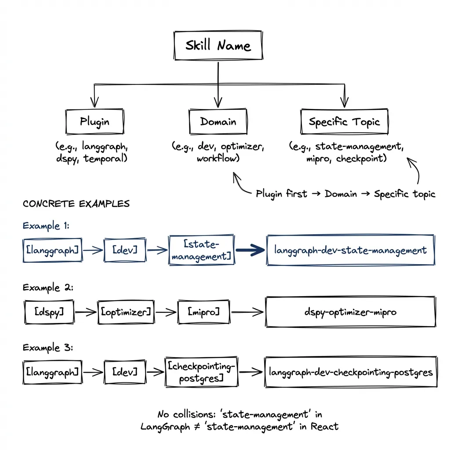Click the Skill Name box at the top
click(x=218, y=46)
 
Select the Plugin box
click(x=94, y=122)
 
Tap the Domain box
click(x=218, y=122)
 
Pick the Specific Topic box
click(x=344, y=122)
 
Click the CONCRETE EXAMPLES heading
click(x=76, y=204)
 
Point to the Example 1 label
click(x=46, y=226)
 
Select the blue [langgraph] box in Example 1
click(x=52, y=250)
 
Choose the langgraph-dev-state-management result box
click(x=350, y=250)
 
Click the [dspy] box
click(x=49, y=312)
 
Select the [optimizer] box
click(x=126, y=312)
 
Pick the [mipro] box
click(x=203, y=312)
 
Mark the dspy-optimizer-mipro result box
click(x=350, y=312)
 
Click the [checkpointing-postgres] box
click(x=201, y=372)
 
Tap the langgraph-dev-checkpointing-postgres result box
click(x=350, y=372)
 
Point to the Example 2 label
click(x=47, y=287)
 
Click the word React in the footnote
click(x=325, y=426)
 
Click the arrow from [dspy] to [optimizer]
click(x=85, y=312)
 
